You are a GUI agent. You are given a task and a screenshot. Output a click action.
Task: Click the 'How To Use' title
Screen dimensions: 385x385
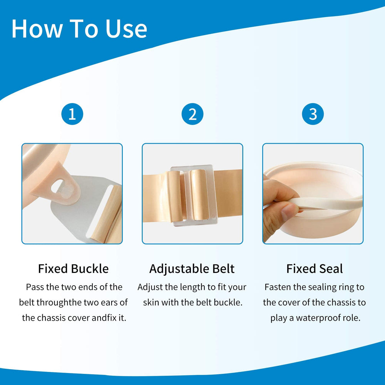[79, 28]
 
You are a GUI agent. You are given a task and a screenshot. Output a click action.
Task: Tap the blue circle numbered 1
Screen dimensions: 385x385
[72, 114]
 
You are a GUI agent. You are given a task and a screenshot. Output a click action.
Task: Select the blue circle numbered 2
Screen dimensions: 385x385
[192, 114]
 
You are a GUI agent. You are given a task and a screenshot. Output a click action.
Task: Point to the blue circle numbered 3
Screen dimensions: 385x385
[313, 114]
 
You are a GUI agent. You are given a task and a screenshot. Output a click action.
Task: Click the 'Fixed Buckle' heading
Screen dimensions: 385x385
[73, 268]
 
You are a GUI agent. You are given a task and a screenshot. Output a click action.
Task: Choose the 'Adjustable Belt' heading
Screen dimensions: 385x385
[192, 268]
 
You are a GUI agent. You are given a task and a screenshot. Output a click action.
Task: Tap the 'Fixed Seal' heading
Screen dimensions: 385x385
[314, 268]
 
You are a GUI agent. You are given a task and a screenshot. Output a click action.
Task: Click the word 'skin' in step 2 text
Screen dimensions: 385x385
[151, 303]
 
